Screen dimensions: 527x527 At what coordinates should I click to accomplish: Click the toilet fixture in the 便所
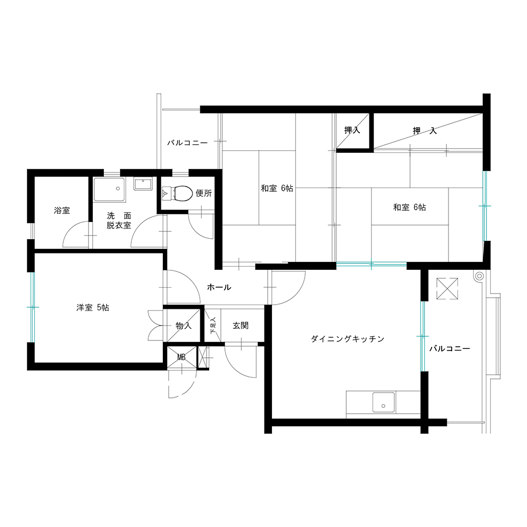(177, 193)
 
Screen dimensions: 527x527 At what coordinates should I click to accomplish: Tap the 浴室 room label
(62, 210)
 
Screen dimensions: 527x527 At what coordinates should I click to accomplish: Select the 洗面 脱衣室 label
(119, 220)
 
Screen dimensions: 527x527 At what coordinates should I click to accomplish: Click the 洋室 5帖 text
(92, 308)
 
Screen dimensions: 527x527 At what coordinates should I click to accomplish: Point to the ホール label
(219, 287)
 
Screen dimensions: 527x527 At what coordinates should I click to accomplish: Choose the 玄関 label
(241, 325)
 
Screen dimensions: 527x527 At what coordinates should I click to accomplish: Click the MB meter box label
(181, 357)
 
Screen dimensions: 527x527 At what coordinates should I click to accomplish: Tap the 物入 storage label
(183, 325)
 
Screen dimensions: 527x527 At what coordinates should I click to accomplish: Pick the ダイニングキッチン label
(347, 339)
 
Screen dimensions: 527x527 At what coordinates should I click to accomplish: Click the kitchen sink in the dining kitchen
(384, 402)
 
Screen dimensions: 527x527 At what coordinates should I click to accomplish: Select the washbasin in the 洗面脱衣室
(143, 183)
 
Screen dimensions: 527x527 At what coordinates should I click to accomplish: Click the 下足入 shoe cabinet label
(213, 326)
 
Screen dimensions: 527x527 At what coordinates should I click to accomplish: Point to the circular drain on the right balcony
(480, 276)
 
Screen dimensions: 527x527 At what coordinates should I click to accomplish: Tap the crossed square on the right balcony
(447, 288)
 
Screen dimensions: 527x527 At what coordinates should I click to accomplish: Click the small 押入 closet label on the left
(352, 130)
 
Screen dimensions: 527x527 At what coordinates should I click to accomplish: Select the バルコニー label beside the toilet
(188, 143)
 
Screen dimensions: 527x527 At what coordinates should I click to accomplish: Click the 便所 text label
(203, 193)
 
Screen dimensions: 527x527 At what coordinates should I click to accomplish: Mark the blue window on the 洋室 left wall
(32, 307)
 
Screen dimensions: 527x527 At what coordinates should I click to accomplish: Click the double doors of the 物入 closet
(155, 325)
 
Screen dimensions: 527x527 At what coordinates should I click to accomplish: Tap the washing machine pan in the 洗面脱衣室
(109, 190)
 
